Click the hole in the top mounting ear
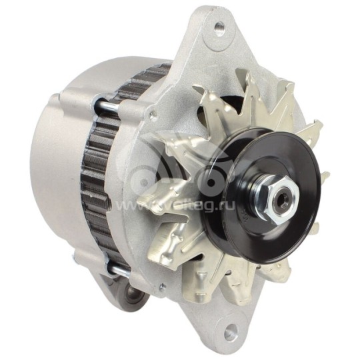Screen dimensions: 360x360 tap(218, 27)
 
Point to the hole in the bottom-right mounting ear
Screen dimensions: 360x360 tap(230, 329)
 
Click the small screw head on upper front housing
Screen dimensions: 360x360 tap(154, 115)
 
